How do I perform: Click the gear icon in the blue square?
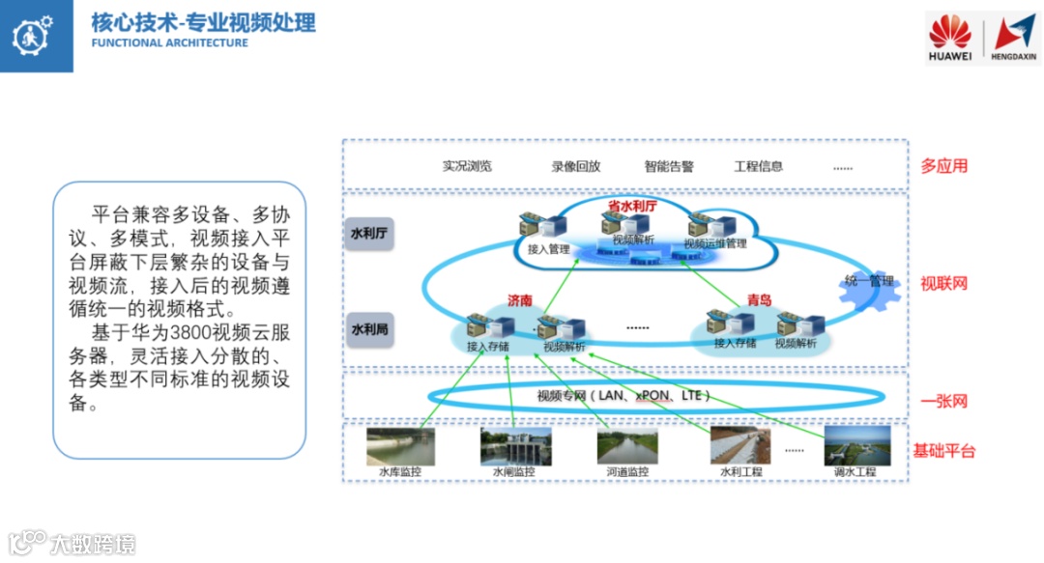click(35, 36)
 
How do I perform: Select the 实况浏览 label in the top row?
click(468, 165)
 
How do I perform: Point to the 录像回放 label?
click(576, 165)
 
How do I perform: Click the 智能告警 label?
click(669, 165)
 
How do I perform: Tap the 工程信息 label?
click(759, 165)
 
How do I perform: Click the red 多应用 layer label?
click(943, 165)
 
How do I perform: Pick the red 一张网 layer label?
click(943, 401)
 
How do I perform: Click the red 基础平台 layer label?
click(944, 451)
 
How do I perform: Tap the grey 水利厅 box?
click(369, 234)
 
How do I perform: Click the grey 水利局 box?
click(369, 329)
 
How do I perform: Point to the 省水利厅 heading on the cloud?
click(632, 206)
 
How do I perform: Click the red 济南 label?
click(520, 300)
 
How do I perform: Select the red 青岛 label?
click(759, 300)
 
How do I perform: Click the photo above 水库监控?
click(400, 446)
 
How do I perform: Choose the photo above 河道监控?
click(626, 446)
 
